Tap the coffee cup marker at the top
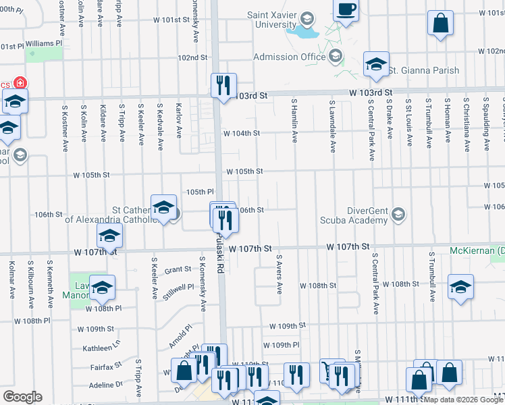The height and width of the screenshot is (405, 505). click(346, 10)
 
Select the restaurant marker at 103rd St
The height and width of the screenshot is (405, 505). click(223, 86)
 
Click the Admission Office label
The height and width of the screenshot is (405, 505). click(295, 57)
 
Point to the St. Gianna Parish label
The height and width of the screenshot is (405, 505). click(424, 70)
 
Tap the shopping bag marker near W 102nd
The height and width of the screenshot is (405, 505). click(440, 24)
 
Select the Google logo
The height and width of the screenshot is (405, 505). click(23, 396)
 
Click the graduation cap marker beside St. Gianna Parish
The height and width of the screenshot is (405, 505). click(376, 65)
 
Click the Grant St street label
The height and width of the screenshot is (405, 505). click(178, 269)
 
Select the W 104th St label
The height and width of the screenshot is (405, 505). click(241, 134)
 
